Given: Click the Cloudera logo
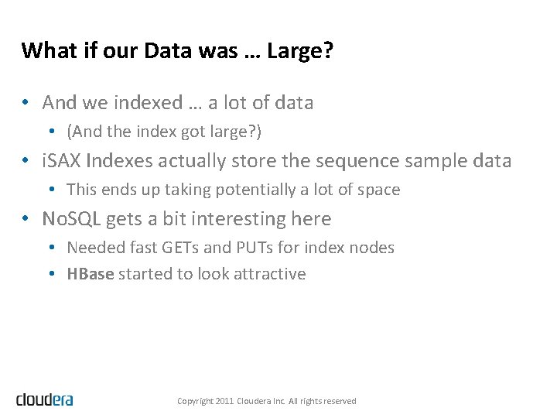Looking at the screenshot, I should tap(45, 399).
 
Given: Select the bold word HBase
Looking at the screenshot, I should tap(91, 274).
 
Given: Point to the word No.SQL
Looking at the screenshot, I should tap(71, 219).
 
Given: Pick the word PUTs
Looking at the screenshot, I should tap(245, 248).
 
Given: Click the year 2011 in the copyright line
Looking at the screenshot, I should tap(224, 401).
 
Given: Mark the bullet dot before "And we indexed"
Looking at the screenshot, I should tap(26, 102).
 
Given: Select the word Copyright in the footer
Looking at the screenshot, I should tap(195, 401).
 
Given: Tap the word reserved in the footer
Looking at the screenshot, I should tap(340, 401).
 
